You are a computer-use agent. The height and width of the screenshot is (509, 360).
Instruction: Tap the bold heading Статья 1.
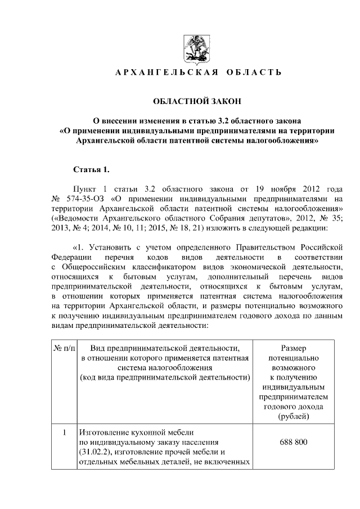coord(91,169)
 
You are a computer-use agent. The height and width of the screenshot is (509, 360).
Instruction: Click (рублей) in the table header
coord(293,417)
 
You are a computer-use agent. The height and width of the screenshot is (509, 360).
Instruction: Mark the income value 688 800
coord(293,442)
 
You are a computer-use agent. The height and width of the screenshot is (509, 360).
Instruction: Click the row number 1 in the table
coord(64,433)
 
